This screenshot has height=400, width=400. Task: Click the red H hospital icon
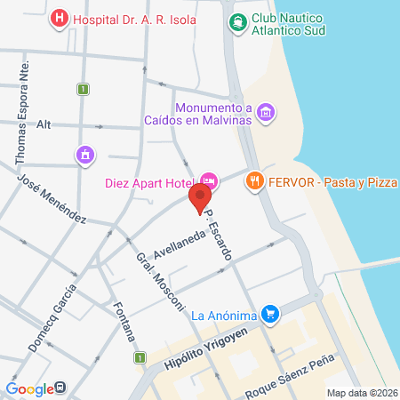[x=60, y=17]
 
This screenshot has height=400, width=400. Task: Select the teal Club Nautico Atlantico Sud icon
[x=238, y=21]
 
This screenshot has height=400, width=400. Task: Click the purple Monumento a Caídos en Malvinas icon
[x=266, y=111]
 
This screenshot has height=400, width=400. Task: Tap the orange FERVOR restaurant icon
[x=255, y=181]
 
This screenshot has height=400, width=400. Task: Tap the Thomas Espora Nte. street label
[x=24, y=110]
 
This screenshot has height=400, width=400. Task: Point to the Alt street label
[x=43, y=124]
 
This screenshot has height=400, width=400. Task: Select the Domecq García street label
[x=52, y=318]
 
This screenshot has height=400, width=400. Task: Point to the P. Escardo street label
[x=219, y=234]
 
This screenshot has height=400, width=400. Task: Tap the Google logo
[x=29, y=388]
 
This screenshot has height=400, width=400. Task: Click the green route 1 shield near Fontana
[x=140, y=357]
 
